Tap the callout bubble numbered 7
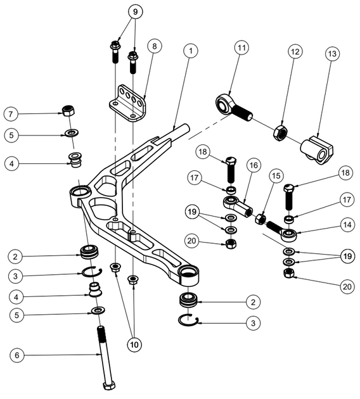[x=11, y=114]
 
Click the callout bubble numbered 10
[x=133, y=345]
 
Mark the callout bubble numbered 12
[x=294, y=51]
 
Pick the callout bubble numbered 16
[x=254, y=165]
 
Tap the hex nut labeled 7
[x=68, y=111]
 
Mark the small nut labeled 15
[x=259, y=220]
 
